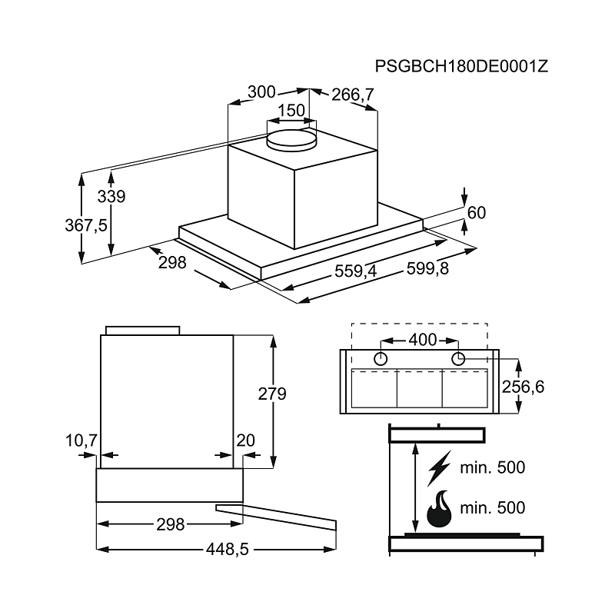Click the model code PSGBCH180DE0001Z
pos(461,66)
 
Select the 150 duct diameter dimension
pos(291,110)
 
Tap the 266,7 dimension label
pos(353,95)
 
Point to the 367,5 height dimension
pos(86,225)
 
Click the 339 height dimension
pos(111,196)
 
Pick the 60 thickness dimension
pos(477,213)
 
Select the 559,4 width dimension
pos(355,271)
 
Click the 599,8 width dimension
pos(427,268)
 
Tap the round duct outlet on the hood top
pos(291,141)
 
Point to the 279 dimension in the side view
pos(272,394)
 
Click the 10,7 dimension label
pos(81,440)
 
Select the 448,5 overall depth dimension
pos(228,550)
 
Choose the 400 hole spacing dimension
pos(423,340)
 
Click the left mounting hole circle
pos(381,358)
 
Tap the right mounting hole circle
pos(458,358)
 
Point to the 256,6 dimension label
pos(523,387)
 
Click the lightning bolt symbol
pos(439,468)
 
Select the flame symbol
pos(439,509)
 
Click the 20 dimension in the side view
pos(245,440)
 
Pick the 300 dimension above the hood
pos(261,92)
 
